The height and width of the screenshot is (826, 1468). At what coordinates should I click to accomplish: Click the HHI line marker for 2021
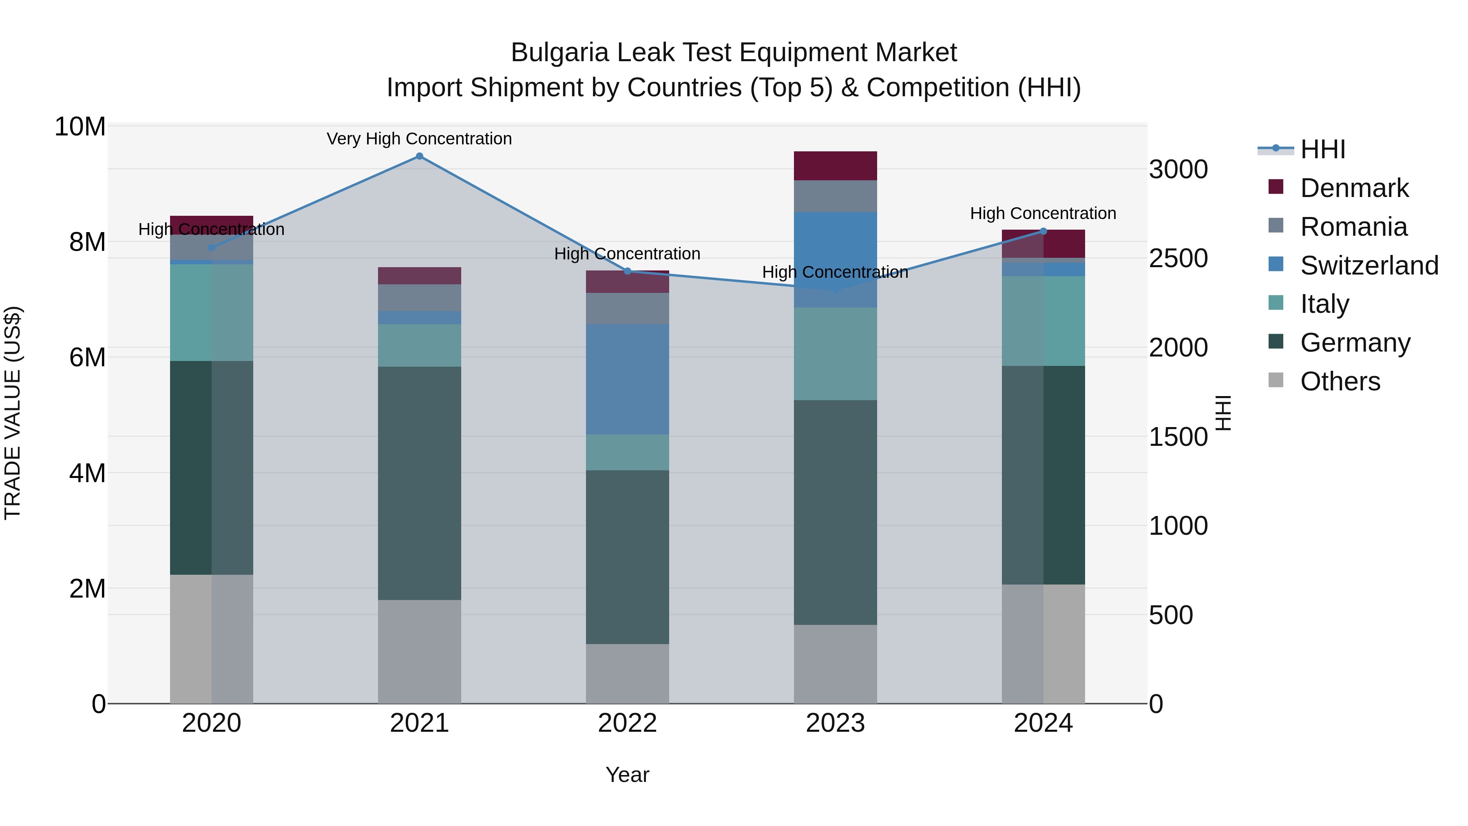pos(420,156)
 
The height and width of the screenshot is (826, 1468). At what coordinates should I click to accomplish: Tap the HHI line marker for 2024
pos(1044,231)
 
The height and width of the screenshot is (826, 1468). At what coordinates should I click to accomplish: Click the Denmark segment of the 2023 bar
pos(836,166)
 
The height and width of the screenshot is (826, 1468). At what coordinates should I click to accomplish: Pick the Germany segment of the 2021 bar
pos(420,483)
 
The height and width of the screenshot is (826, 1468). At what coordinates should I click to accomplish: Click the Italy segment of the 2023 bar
pos(836,354)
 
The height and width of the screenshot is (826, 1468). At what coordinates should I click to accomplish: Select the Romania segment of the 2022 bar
pos(628,308)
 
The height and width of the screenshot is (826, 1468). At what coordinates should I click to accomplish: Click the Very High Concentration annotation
pos(420,139)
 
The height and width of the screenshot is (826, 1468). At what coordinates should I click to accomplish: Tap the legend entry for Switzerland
pos(1369,266)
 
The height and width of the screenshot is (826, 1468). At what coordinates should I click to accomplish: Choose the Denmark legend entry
pos(1354,188)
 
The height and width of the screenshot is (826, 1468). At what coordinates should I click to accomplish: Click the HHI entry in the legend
pos(1322,149)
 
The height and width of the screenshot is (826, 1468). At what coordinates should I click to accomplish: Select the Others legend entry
pos(1340,381)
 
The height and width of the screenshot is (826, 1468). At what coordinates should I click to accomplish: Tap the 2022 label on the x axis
pos(628,723)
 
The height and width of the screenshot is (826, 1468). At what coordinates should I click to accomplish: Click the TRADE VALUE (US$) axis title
pos(13,413)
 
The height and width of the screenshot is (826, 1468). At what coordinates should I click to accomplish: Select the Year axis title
pos(628,775)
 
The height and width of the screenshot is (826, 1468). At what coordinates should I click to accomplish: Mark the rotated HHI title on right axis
pos(1223,413)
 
